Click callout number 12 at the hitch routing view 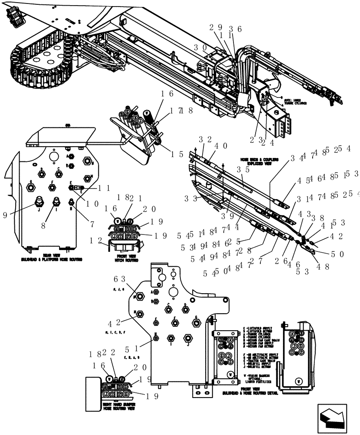click(95, 241)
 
